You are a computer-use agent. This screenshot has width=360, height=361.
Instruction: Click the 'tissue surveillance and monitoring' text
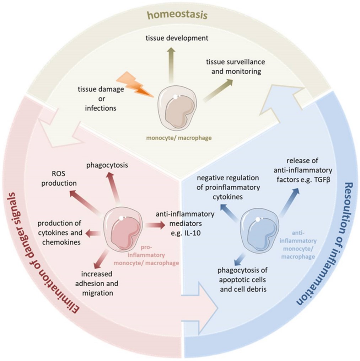(x=233, y=67)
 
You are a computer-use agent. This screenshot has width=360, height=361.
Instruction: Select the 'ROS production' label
(x=64, y=179)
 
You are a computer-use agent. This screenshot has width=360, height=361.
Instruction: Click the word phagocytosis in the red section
(x=107, y=165)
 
